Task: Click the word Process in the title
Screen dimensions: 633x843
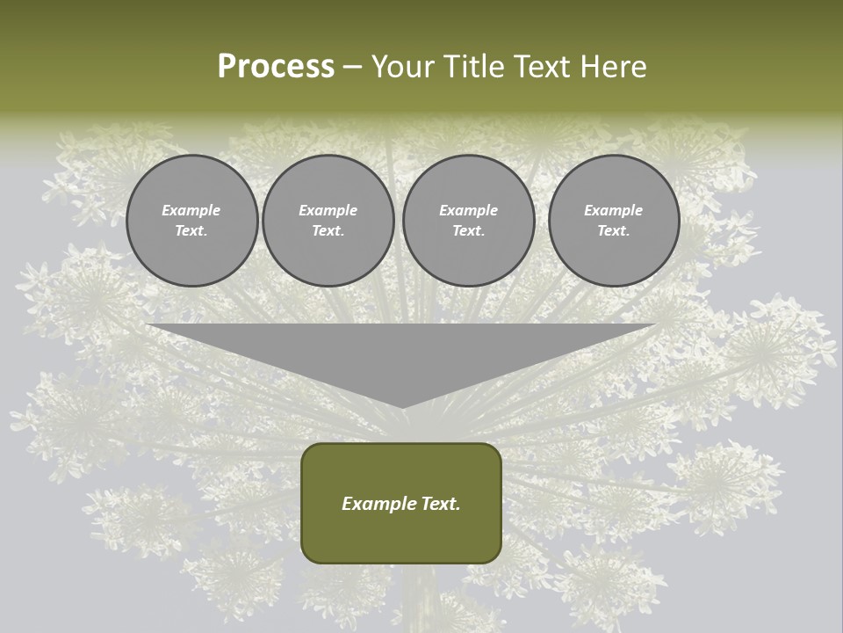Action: [x=276, y=67]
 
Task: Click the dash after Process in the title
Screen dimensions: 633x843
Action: [x=352, y=68]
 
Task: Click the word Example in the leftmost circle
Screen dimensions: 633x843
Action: [x=191, y=210]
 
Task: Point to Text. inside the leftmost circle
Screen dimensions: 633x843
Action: [x=191, y=231]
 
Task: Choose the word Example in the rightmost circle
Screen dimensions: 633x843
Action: [x=613, y=210]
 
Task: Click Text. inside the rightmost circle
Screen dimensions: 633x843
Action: [x=613, y=231]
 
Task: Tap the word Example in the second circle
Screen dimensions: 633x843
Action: [x=328, y=210]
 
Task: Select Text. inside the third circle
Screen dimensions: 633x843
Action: [x=468, y=231]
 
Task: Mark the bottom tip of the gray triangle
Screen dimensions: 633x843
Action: [x=402, y=406]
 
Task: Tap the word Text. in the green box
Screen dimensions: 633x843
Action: [x=438, y=504]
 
